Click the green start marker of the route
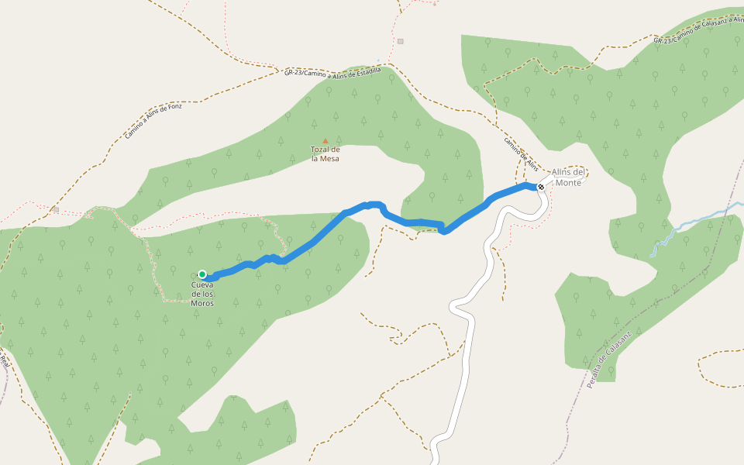point(202,274)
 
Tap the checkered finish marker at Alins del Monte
point(540,187)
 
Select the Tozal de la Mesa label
point(325,153)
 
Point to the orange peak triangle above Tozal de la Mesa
point(325,141)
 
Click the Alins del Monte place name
point(568,177)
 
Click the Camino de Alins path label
point(521,153)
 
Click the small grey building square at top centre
point(400,41)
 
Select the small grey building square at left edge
point(56,209)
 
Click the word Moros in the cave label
point(202,303)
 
